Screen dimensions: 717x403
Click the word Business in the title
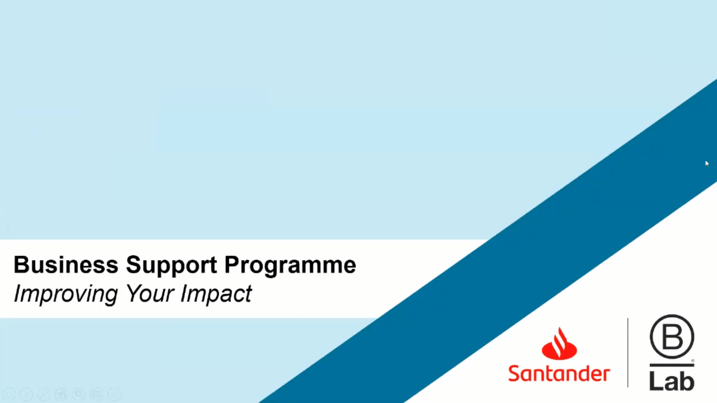[66, 265]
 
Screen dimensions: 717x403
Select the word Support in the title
[171, 265]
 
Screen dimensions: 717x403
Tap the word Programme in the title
[290, 265]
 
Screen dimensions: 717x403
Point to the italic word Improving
[66, 294]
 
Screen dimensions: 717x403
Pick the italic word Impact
[216, 294]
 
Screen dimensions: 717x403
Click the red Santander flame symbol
[559, 344]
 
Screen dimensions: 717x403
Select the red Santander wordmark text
[559, 373]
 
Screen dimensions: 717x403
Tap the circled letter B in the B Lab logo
[672, 336]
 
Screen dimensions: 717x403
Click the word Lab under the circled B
[672, 381]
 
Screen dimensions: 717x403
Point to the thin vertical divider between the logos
[628, 353]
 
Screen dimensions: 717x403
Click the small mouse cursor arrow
[707, 164]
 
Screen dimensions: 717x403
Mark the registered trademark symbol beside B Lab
[693, 361]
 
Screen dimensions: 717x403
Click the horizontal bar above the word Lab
[672, 365]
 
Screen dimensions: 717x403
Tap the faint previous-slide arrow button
[9, 394]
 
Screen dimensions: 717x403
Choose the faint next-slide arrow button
[26, 394]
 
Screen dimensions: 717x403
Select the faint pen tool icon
[44, 394]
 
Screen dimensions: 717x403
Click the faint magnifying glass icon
[79, 394]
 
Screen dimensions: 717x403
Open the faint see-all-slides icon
[62, 394]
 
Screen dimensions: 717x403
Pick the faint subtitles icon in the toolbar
[96, 394]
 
